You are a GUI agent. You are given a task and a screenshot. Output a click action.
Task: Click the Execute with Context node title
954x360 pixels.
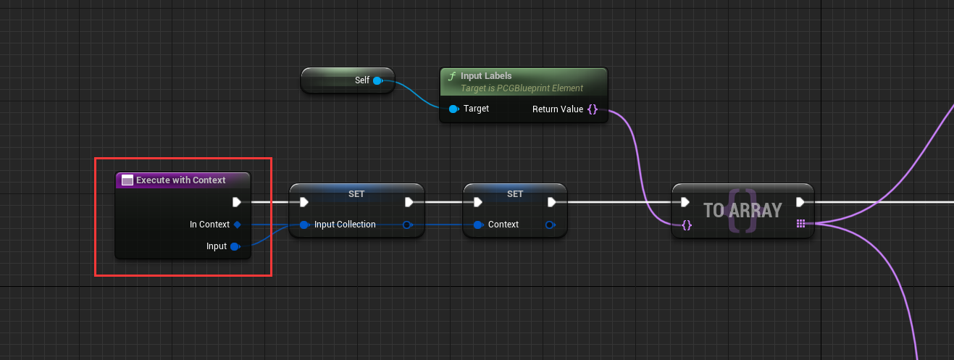pyautogui.click(x=180, y=180)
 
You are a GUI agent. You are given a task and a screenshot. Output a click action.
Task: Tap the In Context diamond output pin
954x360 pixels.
pyautogui.click(x=237, y=225)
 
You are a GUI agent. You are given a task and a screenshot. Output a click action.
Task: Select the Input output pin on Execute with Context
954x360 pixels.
pyautogui.click(x=235, y=246)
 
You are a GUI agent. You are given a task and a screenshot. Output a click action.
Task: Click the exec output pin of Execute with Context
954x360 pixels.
pyautogui.click(x=237, y=202)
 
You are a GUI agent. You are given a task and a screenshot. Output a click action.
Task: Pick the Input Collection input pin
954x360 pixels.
pyautogui.click(x=304, y=225)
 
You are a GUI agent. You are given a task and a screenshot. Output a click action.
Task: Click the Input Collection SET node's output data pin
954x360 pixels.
pyautogui.click(x=407, y=225)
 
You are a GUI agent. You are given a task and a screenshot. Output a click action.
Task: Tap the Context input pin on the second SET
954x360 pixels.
pyautogui.click(x=478, y=225)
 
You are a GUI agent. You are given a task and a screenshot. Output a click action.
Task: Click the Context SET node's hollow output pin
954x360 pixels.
pyautogui.click(x=550, y=225)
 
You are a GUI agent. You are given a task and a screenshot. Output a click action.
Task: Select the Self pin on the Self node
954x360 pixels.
pyautogui.click(x=377, y=80)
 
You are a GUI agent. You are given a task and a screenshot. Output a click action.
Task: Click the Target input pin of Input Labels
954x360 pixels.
pyautogui.click(x=453, y=109)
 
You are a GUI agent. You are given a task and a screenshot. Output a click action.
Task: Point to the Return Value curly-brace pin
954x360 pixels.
pyautogui.click(x=593, y=109)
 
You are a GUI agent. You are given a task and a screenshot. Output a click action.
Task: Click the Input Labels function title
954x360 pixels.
pyautogui.click(x=486, y=75)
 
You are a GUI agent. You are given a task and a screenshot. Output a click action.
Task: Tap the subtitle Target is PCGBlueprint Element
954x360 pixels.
pyautogui.click(x=522, y=88)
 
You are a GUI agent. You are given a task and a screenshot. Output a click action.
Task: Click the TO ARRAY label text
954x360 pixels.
pyautogui.click(x=742, y=210)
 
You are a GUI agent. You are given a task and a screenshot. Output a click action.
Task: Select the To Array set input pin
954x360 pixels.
pyautogui.click(x=687, y=225)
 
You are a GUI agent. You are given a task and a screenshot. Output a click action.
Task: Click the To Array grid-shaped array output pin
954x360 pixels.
pyautogui.click(x=800, y=224)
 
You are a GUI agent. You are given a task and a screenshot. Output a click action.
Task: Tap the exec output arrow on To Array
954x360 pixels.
pyautogui.click(x=800, y=202)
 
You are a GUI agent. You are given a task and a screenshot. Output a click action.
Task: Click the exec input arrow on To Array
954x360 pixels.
pyautogui.click(x=685, y=202)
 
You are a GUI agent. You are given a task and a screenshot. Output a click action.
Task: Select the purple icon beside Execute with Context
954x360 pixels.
pyautogui.click(x=127, y=180)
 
